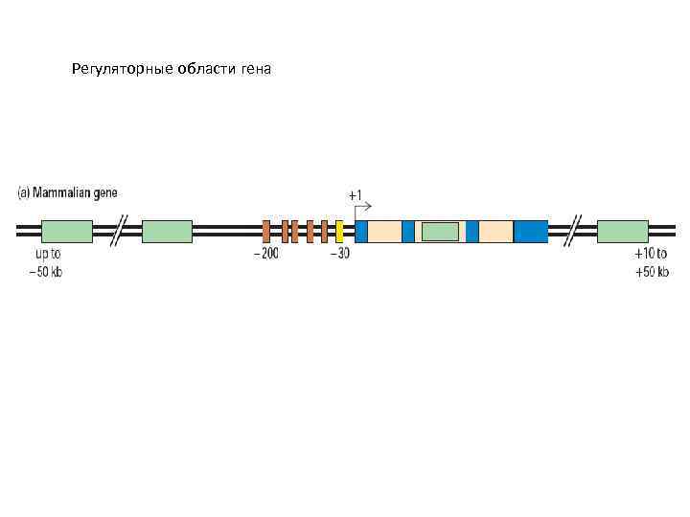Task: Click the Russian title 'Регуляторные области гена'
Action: pyautogui.click(x=172, y=70)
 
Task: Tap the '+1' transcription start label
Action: pyautogui.click(x=355, y=195)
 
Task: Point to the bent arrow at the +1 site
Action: pyautogui.click(x=363, y=208)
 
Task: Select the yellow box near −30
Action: pyautogui.click(x=339, y=231)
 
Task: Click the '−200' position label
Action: pyautogui.click(x=265, y=254)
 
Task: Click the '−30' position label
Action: pyautogui.click(x=339, y=254)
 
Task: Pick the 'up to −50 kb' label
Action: pyautogui.click(x=48, y=262)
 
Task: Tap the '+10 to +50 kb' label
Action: pyautogui.click(x=652, y=262)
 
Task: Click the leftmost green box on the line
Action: pyautogui.click(x=67, y=231)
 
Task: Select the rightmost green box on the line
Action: pyautogui.click(x=622, y=231)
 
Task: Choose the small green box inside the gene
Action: pyautogui.click(x=440, y=231)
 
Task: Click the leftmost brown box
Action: pyautogui.click(x=266, y=231)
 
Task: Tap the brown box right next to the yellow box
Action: pyautogui.click(x=325, y=231)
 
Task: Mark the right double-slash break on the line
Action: pyautogui.click(x=572, y=231)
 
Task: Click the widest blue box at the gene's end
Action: pyautogui.click(x=531, y=231)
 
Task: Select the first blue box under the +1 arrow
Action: pyautogui.click(x=361, y=231)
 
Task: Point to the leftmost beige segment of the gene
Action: pyautogui.click(x=384, y=231)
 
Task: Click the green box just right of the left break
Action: pyautogui.click(x=167, y=231)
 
